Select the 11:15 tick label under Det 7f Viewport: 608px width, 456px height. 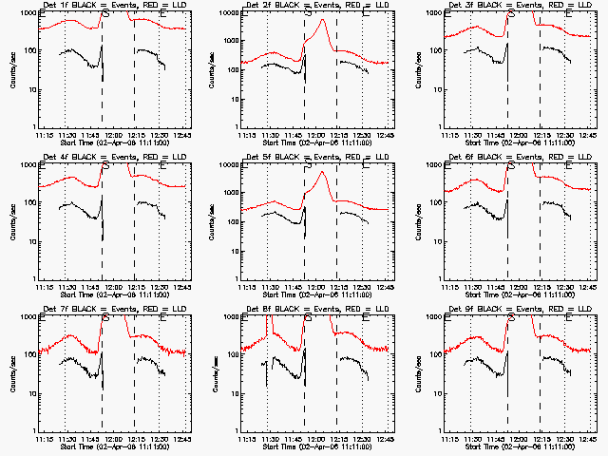pyautogui.click(x=43, y=439)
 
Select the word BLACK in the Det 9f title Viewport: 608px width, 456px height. pyautogui.click(x=484, y=310)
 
